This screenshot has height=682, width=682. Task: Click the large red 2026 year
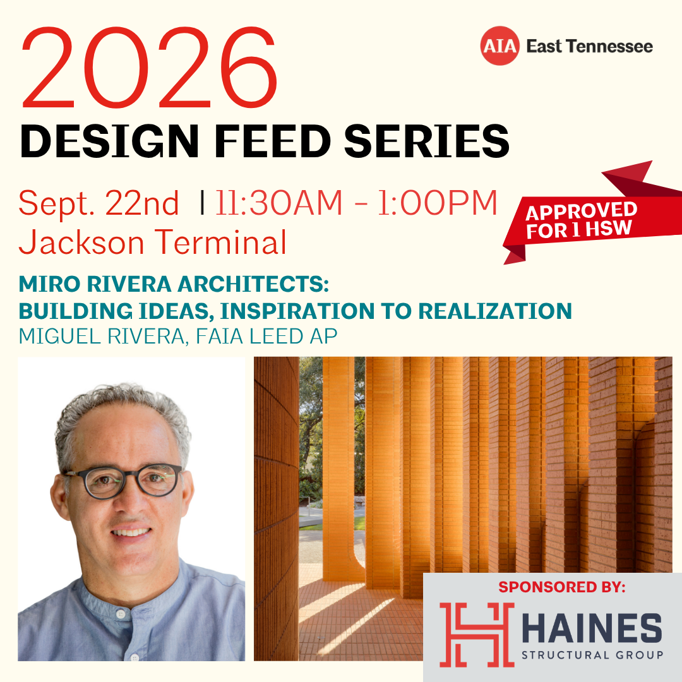[x=149, y=68]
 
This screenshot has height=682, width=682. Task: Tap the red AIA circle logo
[x=500, y=45]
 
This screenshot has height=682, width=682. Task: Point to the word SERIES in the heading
[x=427, y=141]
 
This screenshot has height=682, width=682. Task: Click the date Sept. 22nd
[x=99, y=203]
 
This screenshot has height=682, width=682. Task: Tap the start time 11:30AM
[x=279, y=203]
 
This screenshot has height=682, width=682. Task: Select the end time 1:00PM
[x=437, y=203]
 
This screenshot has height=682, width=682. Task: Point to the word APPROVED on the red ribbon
[x=581, y=212]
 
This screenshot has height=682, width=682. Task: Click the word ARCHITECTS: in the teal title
[x=253, y=284]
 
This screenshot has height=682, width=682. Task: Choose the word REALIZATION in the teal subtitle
[x=495, y=311]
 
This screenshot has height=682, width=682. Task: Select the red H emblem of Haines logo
[x=477, y=635]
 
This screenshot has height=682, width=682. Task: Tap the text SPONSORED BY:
[x=562, y=587]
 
